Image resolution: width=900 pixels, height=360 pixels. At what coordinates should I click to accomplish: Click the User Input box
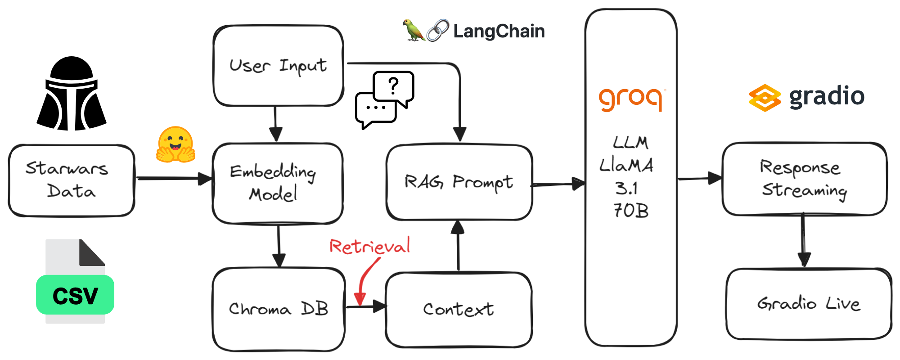[x=278, y=66]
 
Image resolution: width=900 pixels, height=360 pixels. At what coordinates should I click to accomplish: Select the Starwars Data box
[x=71, y=180]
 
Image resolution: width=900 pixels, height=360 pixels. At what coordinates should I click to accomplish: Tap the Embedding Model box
[x=277, y=183]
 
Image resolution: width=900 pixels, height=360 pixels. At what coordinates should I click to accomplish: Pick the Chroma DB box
[x=279, y=309]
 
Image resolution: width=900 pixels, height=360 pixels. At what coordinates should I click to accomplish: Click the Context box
[x=459, y=309]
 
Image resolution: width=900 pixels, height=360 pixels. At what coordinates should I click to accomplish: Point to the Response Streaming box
[x=804, y=179]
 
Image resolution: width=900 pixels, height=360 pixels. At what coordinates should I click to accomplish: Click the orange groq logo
[x=631, y=99]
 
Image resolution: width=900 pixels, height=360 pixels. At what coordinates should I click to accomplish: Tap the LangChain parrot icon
[x=413, y=31]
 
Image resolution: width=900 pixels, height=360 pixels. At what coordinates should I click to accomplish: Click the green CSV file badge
[x=75, y=295]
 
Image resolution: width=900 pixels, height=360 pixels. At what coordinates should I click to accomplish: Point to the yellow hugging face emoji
[x=175, y=144]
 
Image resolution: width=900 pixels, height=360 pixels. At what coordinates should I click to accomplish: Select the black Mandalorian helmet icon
[x=72, y=94]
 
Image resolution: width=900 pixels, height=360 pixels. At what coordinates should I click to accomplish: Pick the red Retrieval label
[x=369, y=246]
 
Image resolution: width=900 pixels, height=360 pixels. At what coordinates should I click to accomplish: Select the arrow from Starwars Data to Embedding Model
[x=173, y=179]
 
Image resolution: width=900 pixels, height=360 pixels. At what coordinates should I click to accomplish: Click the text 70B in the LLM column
[x=631, y=211]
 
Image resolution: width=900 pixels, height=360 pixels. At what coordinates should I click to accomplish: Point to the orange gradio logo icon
[x=764, y=98]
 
